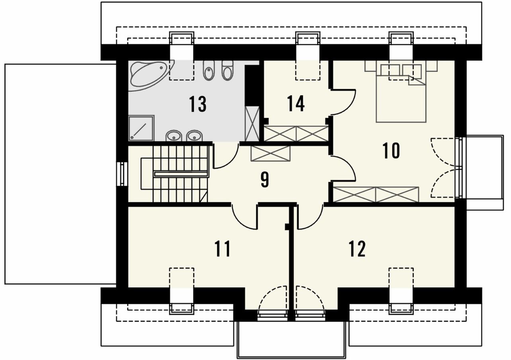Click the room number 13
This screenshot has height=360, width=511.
click(198, 104)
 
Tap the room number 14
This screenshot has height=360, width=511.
click(296, 104)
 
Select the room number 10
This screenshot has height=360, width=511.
click(392, 150)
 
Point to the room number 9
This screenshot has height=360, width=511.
click(264, 180)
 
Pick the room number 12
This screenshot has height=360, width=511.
click(357, 249)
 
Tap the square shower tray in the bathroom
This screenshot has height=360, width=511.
click(141, 128)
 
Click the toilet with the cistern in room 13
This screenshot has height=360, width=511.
click(227, 70)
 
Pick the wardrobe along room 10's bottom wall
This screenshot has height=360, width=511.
click(376, 195)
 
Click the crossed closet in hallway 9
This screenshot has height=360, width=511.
click(270, 153)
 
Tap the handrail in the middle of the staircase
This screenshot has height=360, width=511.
click(181, 174)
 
